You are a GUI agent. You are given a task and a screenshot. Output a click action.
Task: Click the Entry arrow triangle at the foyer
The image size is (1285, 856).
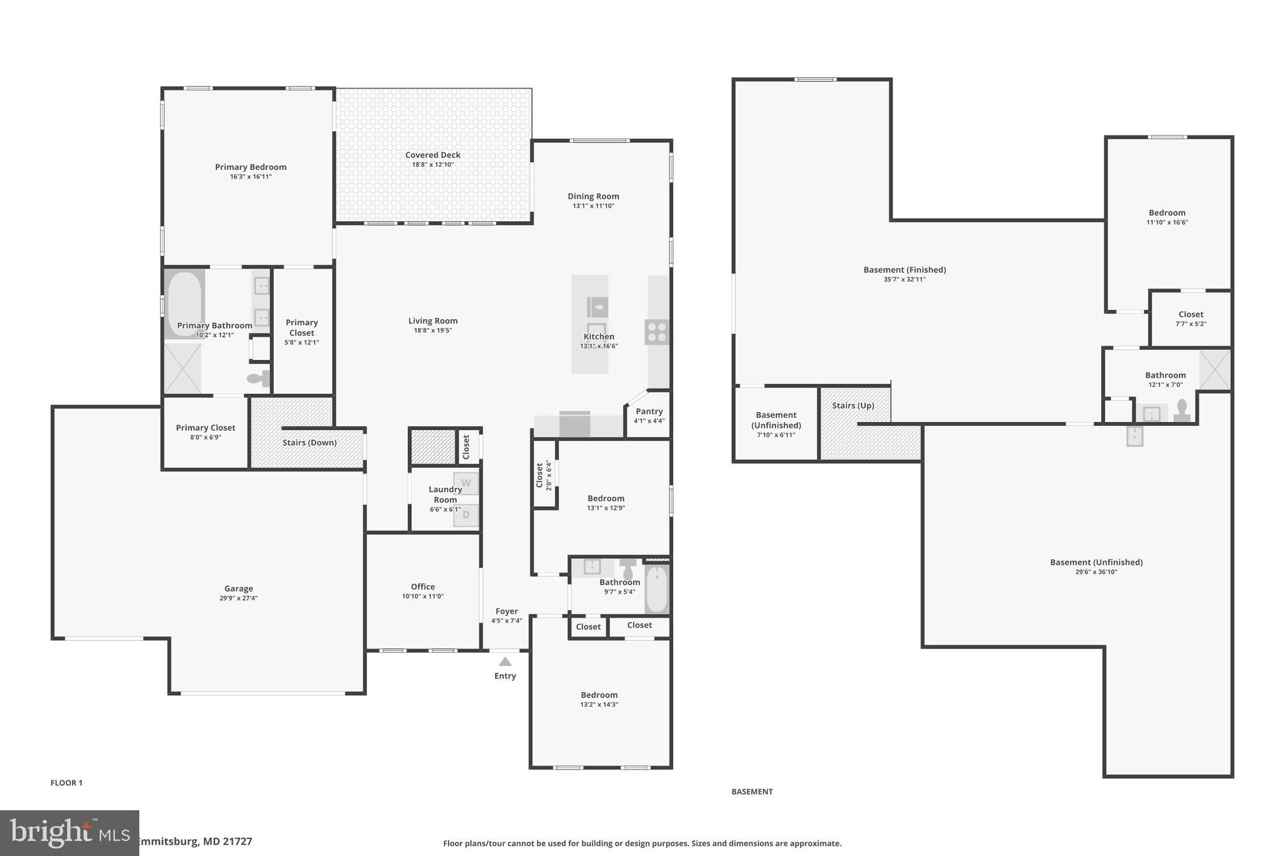click(x=505, y=662)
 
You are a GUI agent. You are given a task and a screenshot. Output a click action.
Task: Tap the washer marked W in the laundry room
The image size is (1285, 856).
click(x=466, y=483)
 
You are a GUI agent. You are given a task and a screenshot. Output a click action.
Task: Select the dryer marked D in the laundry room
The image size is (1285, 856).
click(x=466, y=515)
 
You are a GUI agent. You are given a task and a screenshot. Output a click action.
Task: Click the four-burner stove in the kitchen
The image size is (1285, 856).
click(x=657, y=332)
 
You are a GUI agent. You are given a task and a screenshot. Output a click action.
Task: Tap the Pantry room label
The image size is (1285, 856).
click(x=649, y=411)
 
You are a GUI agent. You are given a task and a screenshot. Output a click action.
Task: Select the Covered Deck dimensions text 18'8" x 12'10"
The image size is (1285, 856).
click(x=433, y=165)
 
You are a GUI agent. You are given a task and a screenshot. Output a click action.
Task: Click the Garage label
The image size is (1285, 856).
click(x=238, y=588)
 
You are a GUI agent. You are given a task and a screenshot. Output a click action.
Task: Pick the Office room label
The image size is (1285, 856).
click(x=423, y=586)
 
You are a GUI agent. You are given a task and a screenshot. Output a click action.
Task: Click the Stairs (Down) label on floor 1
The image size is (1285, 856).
click(x=309, y=442)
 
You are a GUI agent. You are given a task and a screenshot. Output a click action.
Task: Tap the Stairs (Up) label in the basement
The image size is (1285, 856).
click(x=853, y=405)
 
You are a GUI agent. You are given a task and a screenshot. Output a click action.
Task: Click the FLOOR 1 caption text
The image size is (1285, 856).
click(x=67, y=783)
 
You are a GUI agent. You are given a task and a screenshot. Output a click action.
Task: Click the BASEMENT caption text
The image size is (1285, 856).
click(x=752, y=791)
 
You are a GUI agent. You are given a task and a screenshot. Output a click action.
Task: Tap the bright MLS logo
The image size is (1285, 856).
click(x=69, y=833)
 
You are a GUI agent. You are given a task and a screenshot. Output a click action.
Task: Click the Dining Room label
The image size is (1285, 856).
click(x=593, y=196)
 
